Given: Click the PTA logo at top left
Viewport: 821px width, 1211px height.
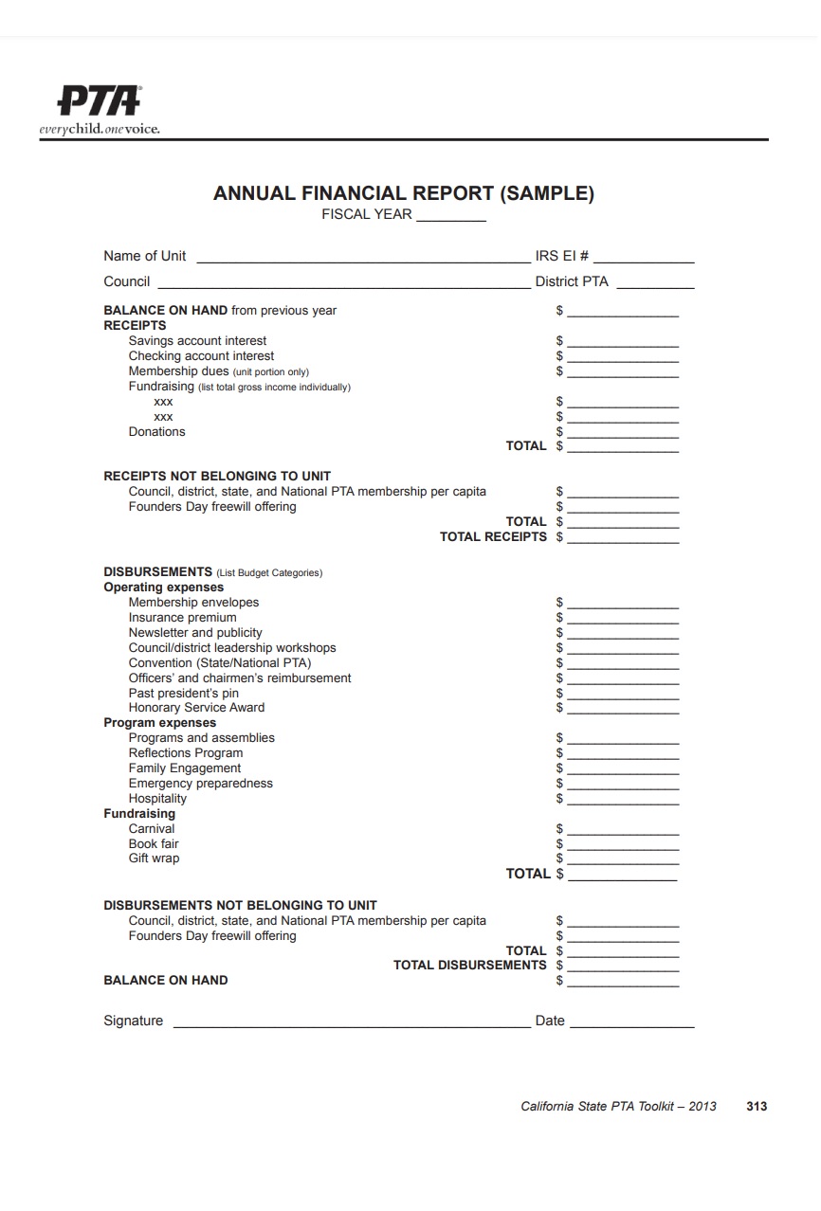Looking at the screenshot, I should (100, 109).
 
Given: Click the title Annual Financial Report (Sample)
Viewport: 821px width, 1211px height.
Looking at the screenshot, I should (403, 193).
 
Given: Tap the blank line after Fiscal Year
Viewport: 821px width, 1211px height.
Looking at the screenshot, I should (451, 217).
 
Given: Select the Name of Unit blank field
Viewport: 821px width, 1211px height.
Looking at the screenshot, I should (363, 258).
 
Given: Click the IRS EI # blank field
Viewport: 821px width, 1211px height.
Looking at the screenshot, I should (644, 258).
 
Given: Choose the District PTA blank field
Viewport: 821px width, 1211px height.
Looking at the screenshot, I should (655, 283).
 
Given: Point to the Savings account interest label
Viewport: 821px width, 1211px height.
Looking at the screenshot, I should (197, 341).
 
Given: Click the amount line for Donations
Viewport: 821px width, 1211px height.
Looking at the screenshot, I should (623, 434).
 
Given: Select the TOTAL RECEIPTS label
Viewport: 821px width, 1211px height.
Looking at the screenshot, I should (493, 537).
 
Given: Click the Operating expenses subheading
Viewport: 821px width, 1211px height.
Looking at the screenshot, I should (163, 587).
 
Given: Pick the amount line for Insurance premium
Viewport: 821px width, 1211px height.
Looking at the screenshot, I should (623, 620).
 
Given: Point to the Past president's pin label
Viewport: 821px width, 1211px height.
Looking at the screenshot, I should (184, 694).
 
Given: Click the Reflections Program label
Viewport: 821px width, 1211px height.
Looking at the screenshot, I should (186, 753).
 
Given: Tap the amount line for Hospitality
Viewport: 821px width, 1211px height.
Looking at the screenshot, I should (623, 801).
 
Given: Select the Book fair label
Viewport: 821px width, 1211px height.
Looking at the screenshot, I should (154, 844).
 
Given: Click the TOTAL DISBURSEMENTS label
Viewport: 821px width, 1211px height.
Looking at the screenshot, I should (470, 966).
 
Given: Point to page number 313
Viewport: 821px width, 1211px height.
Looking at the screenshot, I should (757, 1107).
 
